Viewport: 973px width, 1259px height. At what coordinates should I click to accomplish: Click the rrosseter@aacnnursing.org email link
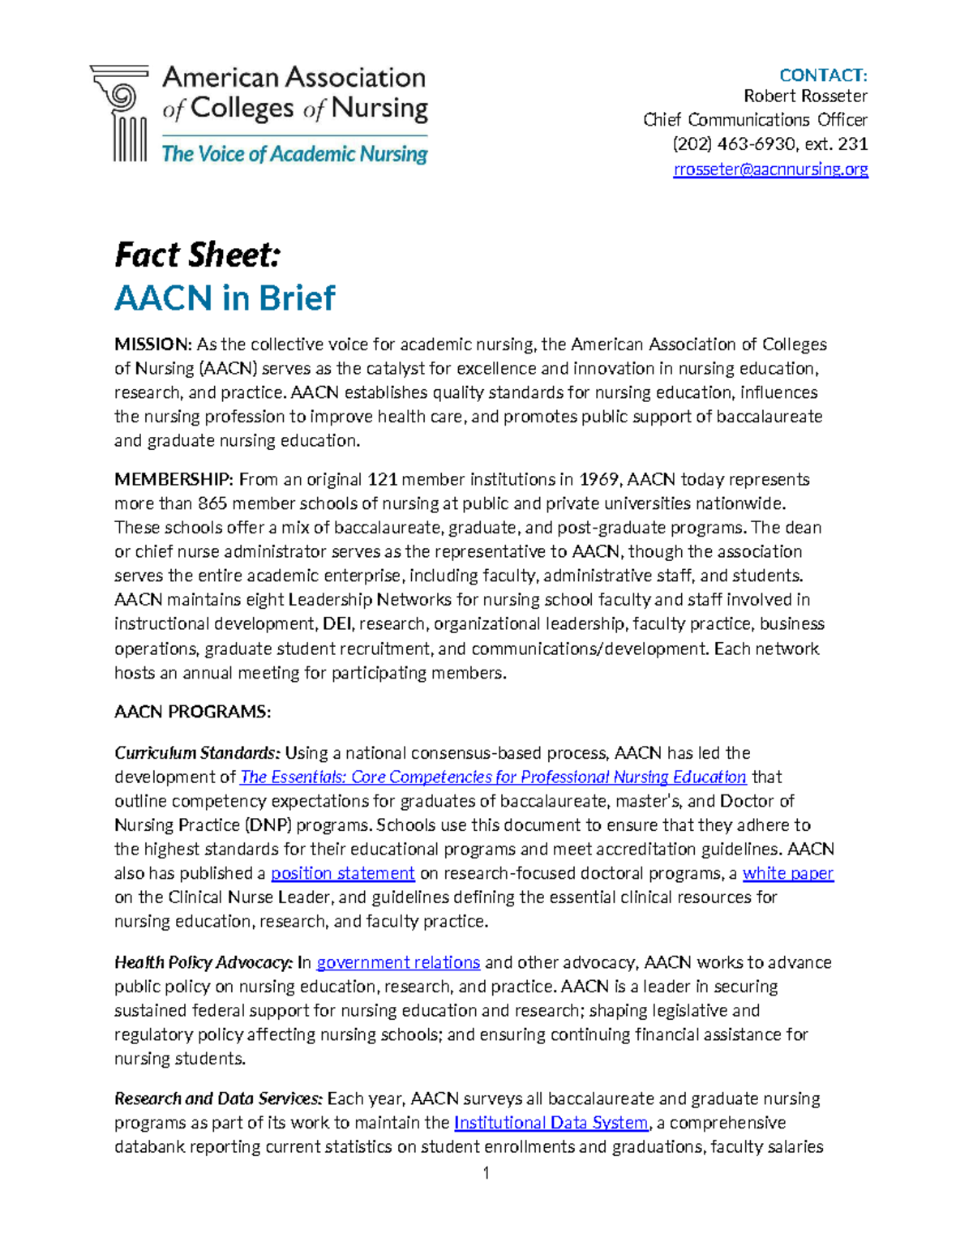click(x=770, y=169)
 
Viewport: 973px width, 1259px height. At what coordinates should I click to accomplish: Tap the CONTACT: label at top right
click(x=823, y=75)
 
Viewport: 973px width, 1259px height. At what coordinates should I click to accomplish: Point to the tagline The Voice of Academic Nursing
click(x=294, y=154)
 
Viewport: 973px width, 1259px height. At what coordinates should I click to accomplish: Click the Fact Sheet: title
click(x=198, y=255)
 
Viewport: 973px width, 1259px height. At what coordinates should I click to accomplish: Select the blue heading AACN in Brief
click(x=225, y=298)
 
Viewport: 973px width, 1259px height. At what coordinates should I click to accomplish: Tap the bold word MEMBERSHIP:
click(x=174, y=479)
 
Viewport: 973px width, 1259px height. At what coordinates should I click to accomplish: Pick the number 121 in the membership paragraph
click(x=382, y=479)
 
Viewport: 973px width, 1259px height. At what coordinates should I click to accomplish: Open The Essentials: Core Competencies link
click(x=493, y=777)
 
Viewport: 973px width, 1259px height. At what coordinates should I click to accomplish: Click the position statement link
click(x=343, y=873)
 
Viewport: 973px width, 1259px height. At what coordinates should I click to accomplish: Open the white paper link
click(x=788, y=873)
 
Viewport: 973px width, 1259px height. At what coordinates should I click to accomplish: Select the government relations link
click(x=398, y=962)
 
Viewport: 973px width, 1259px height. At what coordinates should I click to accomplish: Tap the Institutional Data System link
click(x=551, y=1123)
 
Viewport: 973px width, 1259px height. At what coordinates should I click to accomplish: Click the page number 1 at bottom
click(x=486, y=1173)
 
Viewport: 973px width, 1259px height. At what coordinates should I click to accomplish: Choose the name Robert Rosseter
click(x=805, y=96)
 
